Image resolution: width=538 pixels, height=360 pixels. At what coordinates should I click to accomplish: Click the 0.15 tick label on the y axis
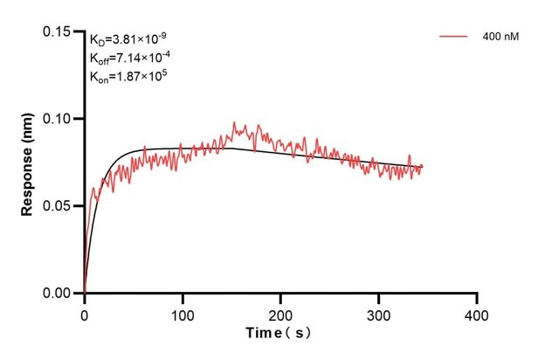pos(59,31)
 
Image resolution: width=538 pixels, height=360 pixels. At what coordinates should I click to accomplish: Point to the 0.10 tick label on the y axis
pos(59,119)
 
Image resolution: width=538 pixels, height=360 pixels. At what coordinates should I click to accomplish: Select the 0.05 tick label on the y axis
pos(59,206)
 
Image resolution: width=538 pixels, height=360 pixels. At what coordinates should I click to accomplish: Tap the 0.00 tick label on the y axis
pos(59,294)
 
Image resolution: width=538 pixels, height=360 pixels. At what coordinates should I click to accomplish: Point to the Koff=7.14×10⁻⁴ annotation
pos(129,58)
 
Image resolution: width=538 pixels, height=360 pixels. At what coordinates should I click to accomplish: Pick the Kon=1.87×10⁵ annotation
pos(128,77)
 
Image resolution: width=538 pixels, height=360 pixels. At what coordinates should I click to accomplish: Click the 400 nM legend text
pos(500,37)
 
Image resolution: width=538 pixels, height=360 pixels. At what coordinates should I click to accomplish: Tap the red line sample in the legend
pos(454,37)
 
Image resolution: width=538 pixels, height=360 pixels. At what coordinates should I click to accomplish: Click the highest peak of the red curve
pos(233,123)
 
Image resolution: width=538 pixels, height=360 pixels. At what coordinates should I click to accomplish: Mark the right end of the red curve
pos(423,166)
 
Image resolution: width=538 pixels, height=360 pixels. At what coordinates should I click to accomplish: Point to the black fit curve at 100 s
pos(182,149)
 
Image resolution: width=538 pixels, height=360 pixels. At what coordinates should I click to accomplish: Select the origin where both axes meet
pos(84,294)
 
